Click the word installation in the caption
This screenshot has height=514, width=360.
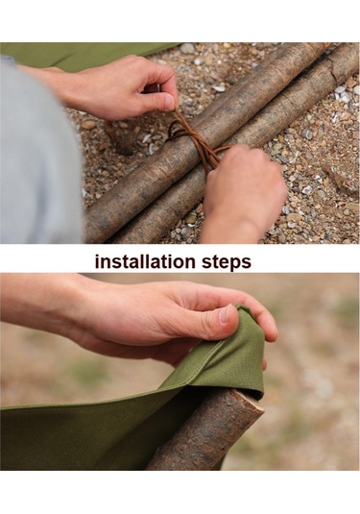pos(144,261)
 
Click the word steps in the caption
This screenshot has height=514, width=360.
pos(226,262)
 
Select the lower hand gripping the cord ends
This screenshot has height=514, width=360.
pos(243,193)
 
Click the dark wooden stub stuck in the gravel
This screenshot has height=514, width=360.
pos(121,137)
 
